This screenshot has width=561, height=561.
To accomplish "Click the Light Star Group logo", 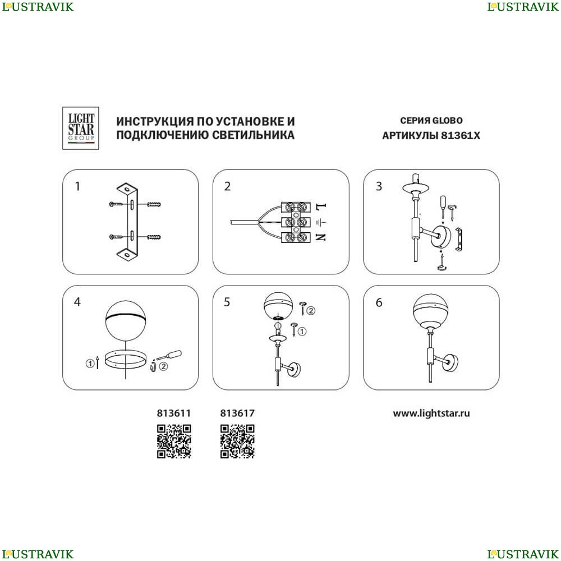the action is click(x=80, y=128).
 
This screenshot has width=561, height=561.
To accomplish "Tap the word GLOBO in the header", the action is click(x=447, y=121).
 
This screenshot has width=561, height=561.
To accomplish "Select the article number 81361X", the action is click(x=461, y=136).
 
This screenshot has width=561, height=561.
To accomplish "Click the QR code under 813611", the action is click(x=174, y=441).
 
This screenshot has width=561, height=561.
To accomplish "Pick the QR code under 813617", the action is click(x=237, y=441).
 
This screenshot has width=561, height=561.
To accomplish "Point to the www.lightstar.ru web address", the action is click(x=431, y=413).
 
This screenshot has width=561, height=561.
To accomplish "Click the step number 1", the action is click(x=77, y=186).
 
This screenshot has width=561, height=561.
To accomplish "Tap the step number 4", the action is click(x=77, y=302).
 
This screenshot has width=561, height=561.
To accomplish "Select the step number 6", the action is click(x=379, y=303).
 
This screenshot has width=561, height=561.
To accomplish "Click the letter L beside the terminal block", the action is click(x=321, y=207).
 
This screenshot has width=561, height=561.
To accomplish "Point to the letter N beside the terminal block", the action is click(x=321, y=237).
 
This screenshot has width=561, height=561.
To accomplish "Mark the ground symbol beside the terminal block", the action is click(x=321, y=222).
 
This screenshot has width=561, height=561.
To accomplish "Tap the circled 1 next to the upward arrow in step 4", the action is click(x=90, y=364).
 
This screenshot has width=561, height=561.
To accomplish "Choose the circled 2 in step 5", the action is click(x=311, y=311).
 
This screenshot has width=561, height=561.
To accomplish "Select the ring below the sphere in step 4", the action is click(x=125, y=366).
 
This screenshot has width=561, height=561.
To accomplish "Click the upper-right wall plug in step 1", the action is click(x=154, y=205).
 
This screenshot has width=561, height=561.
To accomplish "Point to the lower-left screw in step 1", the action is click(x=116, y=237).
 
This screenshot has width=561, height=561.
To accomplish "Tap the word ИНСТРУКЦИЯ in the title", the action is click(x=155, y=122).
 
